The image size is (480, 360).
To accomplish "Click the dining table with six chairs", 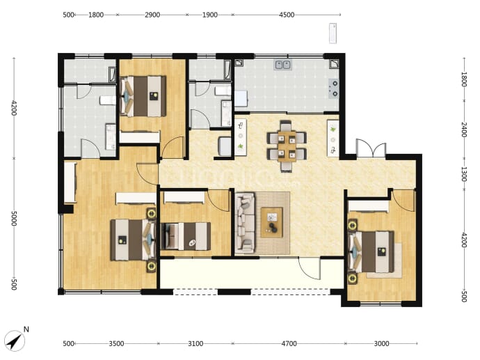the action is point(287,146).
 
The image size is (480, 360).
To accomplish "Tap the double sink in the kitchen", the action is point(283,65).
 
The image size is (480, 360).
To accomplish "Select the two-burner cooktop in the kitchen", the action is point(334,88).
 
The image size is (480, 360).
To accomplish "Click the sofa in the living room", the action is point(245,223).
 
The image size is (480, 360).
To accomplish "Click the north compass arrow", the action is point(15,341).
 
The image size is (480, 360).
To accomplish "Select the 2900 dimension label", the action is point(152,15).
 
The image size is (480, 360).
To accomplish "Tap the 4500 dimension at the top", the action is point(287,15).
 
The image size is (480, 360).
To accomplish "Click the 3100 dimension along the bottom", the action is point(195,343).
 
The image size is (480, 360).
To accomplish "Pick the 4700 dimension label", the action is point(289,343).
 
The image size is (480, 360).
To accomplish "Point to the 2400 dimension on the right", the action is point(464,130).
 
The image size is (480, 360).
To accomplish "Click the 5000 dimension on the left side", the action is point(14,218).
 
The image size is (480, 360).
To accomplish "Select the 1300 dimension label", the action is point(464,174).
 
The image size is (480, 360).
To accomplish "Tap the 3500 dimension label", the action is point(116,343).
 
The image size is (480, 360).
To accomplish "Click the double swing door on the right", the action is point(371,148).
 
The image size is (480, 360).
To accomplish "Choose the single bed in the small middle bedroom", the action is point(186,236).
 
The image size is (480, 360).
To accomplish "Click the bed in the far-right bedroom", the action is point(371,251).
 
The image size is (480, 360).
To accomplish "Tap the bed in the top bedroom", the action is point(143,96).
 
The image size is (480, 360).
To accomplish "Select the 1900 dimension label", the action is point(209,15).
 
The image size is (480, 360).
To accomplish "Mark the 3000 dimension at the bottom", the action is point(381,343).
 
